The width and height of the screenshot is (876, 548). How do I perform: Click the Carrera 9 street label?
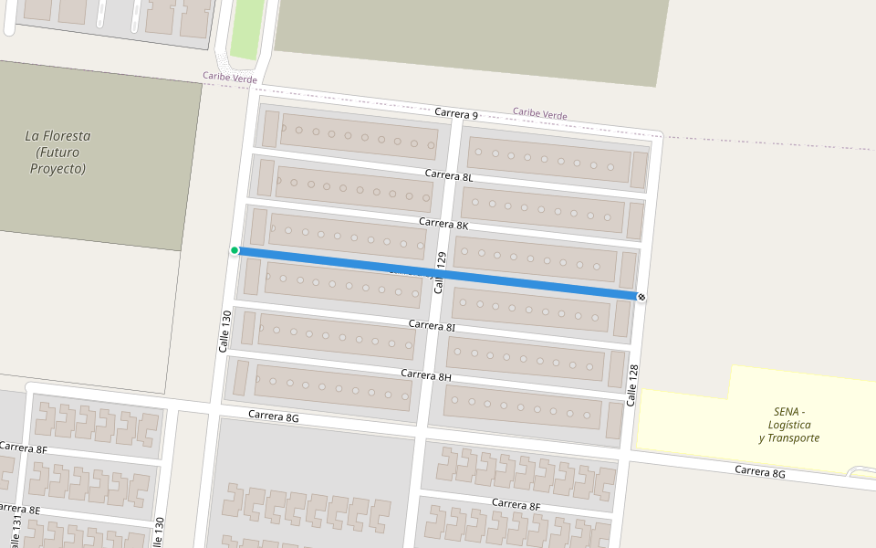456,114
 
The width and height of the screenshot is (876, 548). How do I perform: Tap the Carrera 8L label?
448,175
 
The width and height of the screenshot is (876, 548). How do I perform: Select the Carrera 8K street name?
443,224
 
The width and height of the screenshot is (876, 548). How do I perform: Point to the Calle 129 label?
441,272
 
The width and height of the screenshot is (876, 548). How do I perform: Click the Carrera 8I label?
432,325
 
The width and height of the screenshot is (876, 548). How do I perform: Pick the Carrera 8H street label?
426,375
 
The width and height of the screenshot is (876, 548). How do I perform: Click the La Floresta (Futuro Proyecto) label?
57,153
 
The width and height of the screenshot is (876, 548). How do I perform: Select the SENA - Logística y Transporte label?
789,425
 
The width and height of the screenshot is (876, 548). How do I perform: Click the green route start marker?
235,250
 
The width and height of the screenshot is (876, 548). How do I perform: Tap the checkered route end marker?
641,297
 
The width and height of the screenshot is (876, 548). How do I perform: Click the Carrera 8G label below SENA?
760,472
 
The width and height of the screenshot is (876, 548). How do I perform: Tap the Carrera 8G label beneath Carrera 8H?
274,416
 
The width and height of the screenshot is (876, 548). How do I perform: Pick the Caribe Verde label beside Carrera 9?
539,114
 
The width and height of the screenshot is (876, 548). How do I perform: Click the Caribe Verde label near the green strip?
230,79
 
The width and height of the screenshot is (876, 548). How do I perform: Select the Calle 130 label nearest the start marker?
225,332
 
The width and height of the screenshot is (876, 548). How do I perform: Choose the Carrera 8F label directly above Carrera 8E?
23,448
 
